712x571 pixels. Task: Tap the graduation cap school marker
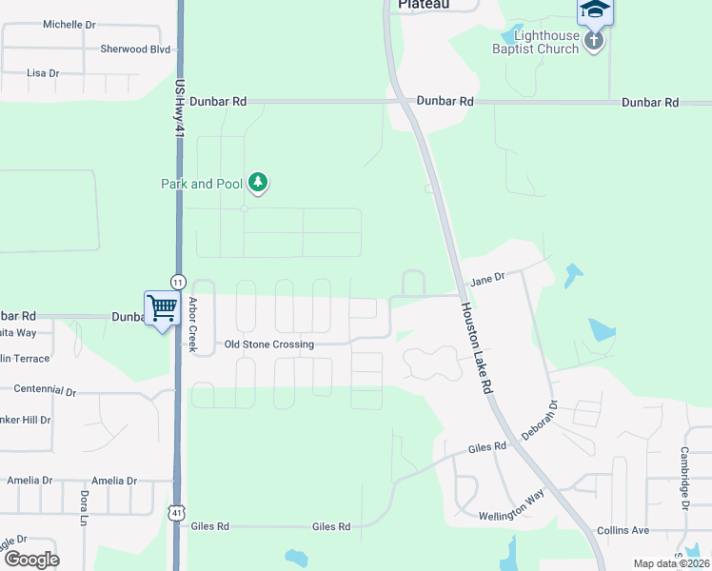point(594,10)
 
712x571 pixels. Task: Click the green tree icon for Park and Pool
point(257,181)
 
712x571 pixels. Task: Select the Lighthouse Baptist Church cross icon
point(594,41)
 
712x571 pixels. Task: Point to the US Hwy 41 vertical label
point(178,109)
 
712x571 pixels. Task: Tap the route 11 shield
point(178,281)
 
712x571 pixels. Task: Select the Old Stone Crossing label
point(269,345)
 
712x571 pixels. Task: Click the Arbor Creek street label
point(192,325)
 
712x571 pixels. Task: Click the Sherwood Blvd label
point(135,49)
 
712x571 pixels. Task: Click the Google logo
point(31,559)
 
